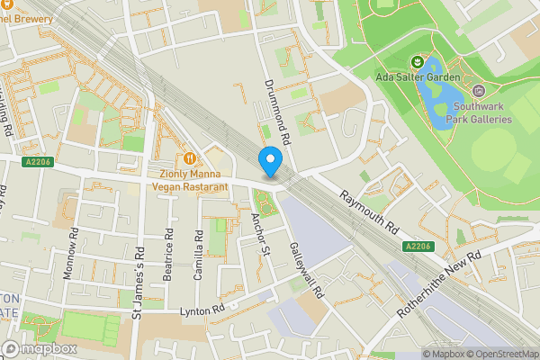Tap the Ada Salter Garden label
[418, 77]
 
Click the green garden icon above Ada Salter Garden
[418, 61]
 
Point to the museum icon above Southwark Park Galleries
[478, 90]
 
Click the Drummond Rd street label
[274, 112]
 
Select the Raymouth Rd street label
[369, 212]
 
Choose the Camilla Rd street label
[200, 253]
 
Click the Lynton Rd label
[202, 310]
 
